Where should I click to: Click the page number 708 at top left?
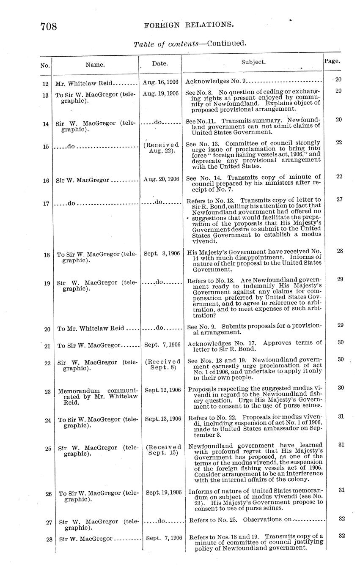coord(49,27)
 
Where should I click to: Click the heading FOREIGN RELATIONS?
coord(189,25)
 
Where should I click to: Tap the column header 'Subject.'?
coord(253,62)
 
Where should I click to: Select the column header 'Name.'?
coord(95,65)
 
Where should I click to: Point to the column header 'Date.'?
coord(160,64)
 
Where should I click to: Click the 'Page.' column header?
coord(332,61)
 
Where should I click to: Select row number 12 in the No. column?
coord(46,84)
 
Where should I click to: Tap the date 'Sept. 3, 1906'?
coord(162,254)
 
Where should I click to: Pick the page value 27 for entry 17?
coord(339,199)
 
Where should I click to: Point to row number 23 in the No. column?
coord(47,391)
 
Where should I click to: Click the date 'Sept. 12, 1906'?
coord(163,390)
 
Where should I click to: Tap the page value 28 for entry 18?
coord(340,251)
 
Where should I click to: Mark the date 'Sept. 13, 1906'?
coord(163,419)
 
